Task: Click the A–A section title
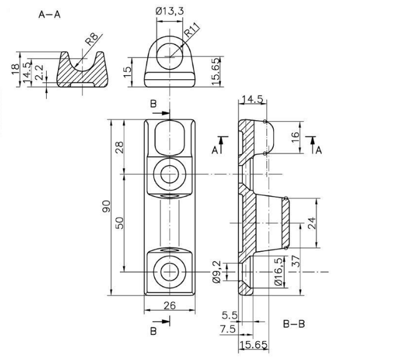tap(50, 15)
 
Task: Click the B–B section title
tap(294, 324)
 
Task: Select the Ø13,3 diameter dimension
tap(170, 11)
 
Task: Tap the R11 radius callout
tap(192, 30)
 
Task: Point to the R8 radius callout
tap(92, 39)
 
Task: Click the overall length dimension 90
tap(106, 206)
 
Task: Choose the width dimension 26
tap(170, 305)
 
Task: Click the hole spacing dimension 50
tap(120, 223)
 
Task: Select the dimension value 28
tap(120, 148)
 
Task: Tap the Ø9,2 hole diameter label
tap(217, 272)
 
